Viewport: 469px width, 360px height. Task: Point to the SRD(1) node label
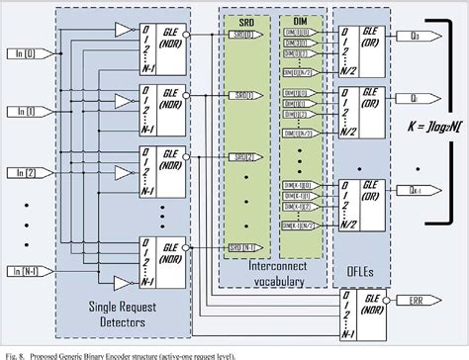pos(240,95)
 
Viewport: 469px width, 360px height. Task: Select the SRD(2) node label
pos(240,157)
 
